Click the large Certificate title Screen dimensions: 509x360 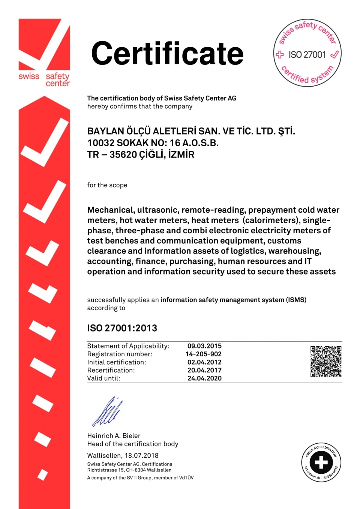(167, 54)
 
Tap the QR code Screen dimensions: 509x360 (326, 362)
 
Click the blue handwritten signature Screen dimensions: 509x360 (108, 412)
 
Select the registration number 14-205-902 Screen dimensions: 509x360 (203, 354)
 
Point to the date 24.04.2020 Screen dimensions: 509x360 (204, 378)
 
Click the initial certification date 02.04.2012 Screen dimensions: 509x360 (204, 362)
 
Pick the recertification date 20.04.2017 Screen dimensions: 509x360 (204, 370)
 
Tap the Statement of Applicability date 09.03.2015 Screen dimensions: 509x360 (204, 346)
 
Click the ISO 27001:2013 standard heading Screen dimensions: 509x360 (122, 328)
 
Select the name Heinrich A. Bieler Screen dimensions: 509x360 (114, 436)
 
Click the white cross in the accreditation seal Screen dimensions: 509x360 (321, 462)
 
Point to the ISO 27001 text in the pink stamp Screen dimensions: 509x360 (307, 55)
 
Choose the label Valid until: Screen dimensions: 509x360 (103, 378)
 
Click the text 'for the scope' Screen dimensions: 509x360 (107, 185)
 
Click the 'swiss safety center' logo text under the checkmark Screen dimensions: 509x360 (44, 79)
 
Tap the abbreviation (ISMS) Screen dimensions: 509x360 (296, 300)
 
